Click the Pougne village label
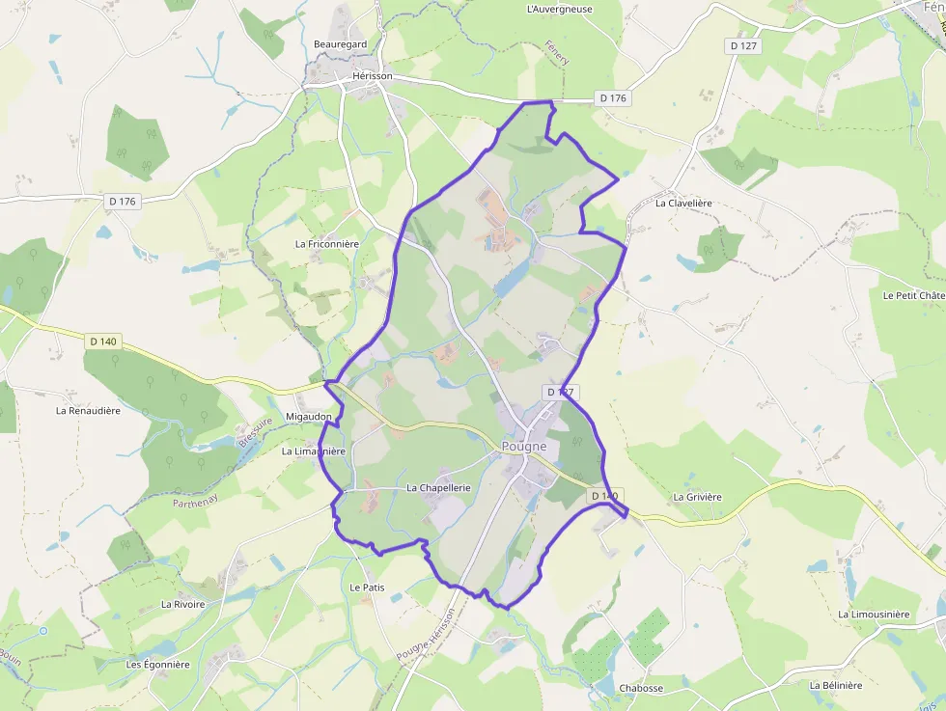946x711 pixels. click(524, 446)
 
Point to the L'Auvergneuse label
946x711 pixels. click(560, 9)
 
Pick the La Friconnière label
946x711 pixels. click(326, 244)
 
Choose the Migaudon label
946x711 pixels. click(309, 417)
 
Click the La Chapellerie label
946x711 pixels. click(438, 488)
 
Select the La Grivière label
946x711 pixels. click(697, 497)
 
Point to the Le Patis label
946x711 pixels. click(367, 587)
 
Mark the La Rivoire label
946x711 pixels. click(183, 604)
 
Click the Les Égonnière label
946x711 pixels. click(158, 665)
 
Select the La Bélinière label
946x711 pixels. click(836, 685)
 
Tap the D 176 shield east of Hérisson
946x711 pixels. click(613, 98)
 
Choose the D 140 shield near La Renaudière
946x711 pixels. click(102, 341)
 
